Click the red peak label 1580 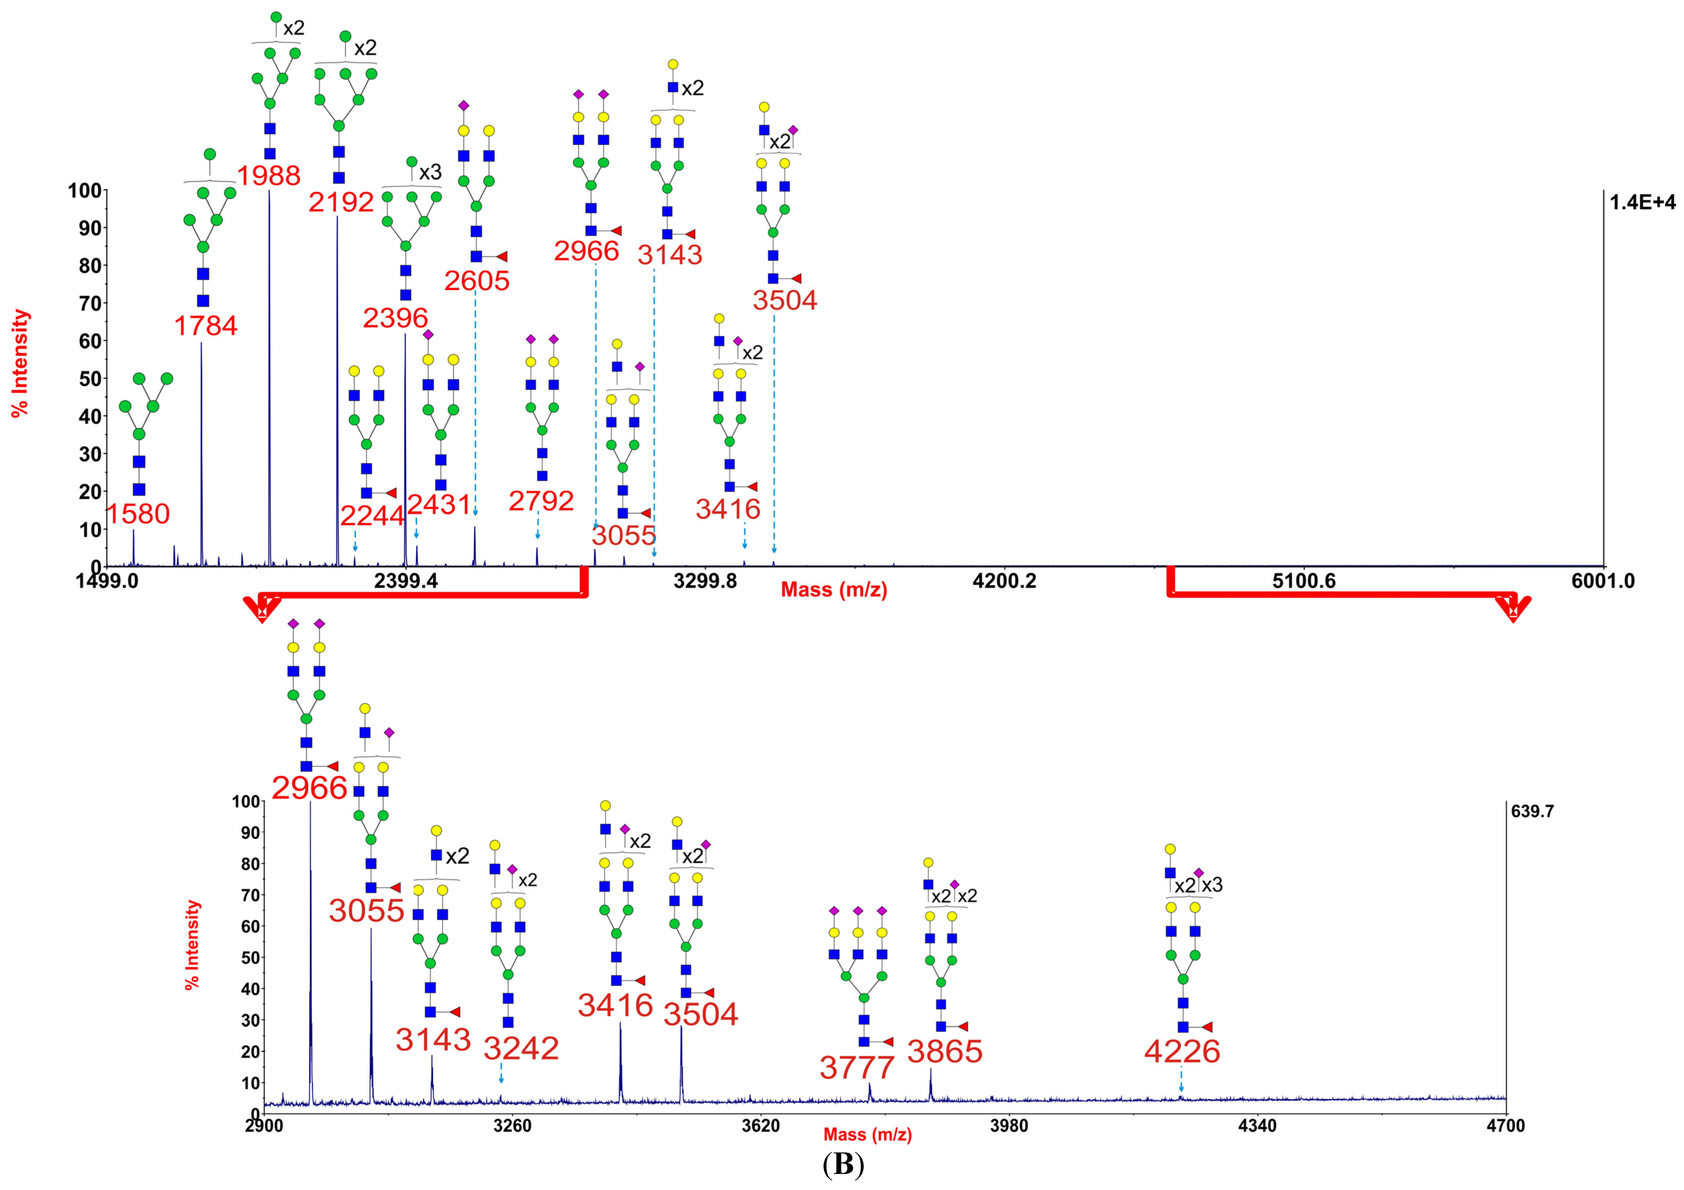(x=139, y=514)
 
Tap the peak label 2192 (x=341, y=202)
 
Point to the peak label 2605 (x=477, y=280)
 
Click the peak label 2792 (x=541, y=501)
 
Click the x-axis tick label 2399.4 (x=406, y=581)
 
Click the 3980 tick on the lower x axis (x=1009, y=1126)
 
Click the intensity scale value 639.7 (x=1532, y=811)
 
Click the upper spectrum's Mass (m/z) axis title (x=834, y=590)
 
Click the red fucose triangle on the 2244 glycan (x=391, y=493)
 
